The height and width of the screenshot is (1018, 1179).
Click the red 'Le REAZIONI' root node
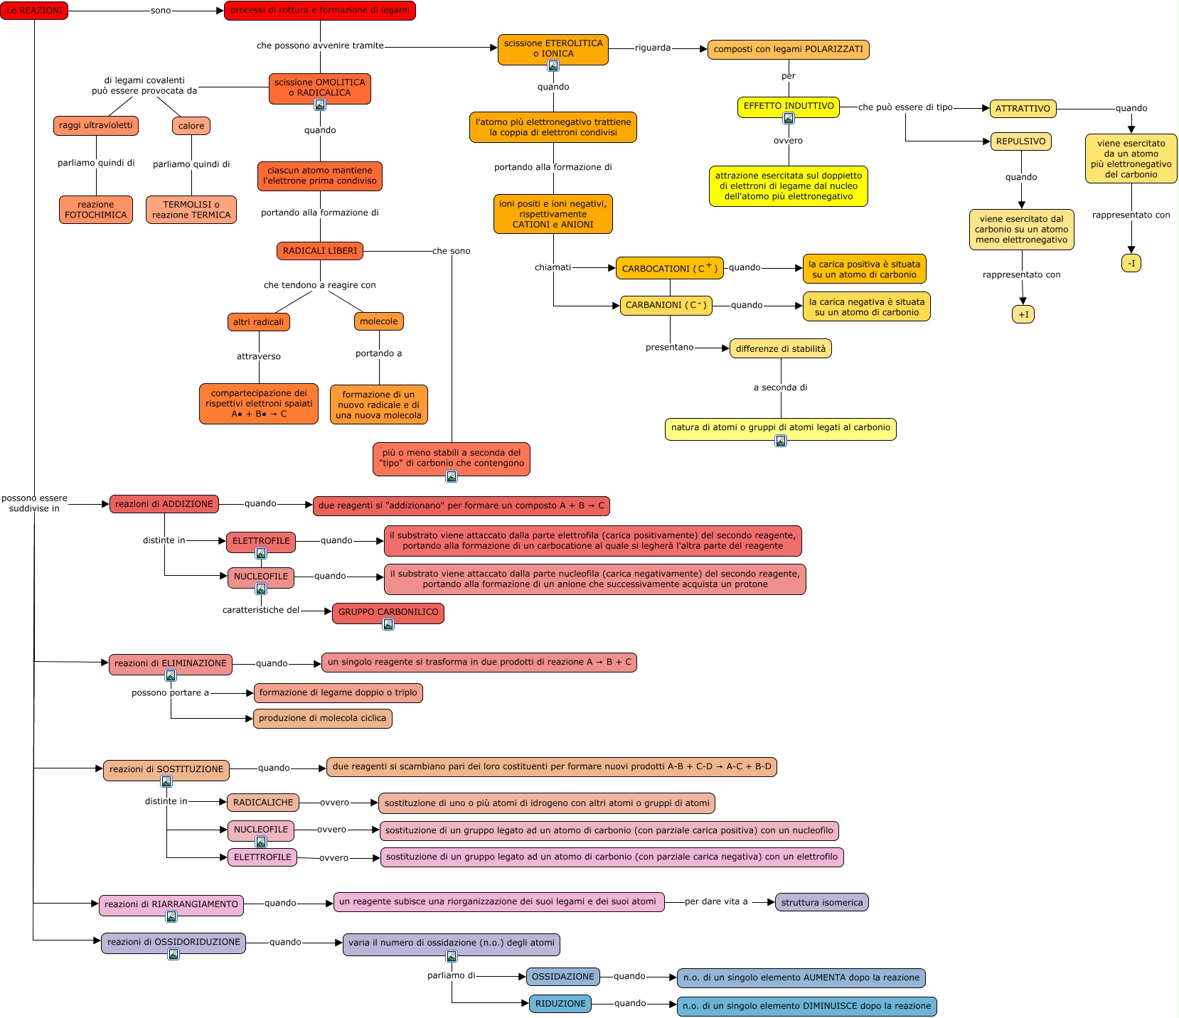(34, 11)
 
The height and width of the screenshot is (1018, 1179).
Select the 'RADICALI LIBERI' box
(320, 251)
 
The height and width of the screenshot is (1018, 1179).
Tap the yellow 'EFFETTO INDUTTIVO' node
(789, 106)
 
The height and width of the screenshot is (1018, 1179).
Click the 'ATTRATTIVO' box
(1023, 109)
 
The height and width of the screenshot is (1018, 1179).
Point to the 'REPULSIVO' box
(1020, 141)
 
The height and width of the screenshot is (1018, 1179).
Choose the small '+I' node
(1023, 314)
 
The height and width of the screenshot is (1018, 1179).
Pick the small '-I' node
(1131, 263)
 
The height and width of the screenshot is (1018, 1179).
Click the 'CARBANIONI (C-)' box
(666, 306)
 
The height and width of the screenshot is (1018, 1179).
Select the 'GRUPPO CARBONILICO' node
(388, 612)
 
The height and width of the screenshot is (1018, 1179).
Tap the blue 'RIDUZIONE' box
(560, 1004)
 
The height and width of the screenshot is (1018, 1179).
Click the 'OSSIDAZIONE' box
(562, 977)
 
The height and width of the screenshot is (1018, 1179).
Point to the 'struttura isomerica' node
(821, 902)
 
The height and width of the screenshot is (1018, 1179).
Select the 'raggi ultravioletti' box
(96, 126)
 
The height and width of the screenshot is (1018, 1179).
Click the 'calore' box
(191, 126)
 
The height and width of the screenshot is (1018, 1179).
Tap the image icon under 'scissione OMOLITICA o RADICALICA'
(320, 105)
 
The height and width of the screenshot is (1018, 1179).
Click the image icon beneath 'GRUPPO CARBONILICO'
(388, 624)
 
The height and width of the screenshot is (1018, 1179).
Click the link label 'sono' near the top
(161, 11)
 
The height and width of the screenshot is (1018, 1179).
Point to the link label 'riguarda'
(653, 48)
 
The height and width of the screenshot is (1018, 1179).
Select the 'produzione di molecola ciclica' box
(322, 719)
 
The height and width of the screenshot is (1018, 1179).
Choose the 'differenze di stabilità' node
(781, 348)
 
